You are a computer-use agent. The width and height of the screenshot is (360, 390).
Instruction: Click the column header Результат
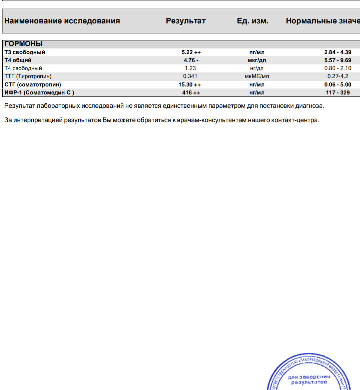click(186, 21)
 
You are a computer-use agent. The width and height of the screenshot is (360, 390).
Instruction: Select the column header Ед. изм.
click(252, 21)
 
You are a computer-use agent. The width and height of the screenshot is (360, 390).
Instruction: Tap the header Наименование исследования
click(62, 21)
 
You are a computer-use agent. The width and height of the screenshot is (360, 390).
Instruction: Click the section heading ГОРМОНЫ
click(24, 44)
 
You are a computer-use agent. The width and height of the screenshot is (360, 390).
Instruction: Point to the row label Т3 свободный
click(25, 52)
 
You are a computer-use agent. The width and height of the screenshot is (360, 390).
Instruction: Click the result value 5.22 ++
click(191, 52)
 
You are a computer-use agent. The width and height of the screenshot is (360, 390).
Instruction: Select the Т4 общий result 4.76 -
click(191, 60)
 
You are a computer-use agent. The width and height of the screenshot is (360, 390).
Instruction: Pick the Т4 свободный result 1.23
click(190, 68)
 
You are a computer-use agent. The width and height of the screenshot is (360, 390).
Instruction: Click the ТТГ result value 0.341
click(190, 76)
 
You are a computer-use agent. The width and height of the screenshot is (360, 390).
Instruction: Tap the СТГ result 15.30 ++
click(190, 85)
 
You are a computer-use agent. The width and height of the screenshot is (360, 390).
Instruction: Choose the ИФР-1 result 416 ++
click(191, 93)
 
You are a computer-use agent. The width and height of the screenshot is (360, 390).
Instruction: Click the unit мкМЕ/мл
click(257, 76)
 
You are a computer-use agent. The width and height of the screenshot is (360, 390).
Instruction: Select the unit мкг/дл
click(257, 60)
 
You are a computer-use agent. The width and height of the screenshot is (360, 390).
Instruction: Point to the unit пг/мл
click(257, 52)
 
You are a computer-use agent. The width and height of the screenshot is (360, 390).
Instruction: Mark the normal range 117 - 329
click(338, 93)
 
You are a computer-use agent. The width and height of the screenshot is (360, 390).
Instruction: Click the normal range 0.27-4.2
click(338, 76)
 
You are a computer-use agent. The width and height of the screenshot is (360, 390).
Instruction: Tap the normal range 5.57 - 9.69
click(338, 60)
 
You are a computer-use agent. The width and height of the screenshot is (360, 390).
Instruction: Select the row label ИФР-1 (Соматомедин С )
click(39, 93)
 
